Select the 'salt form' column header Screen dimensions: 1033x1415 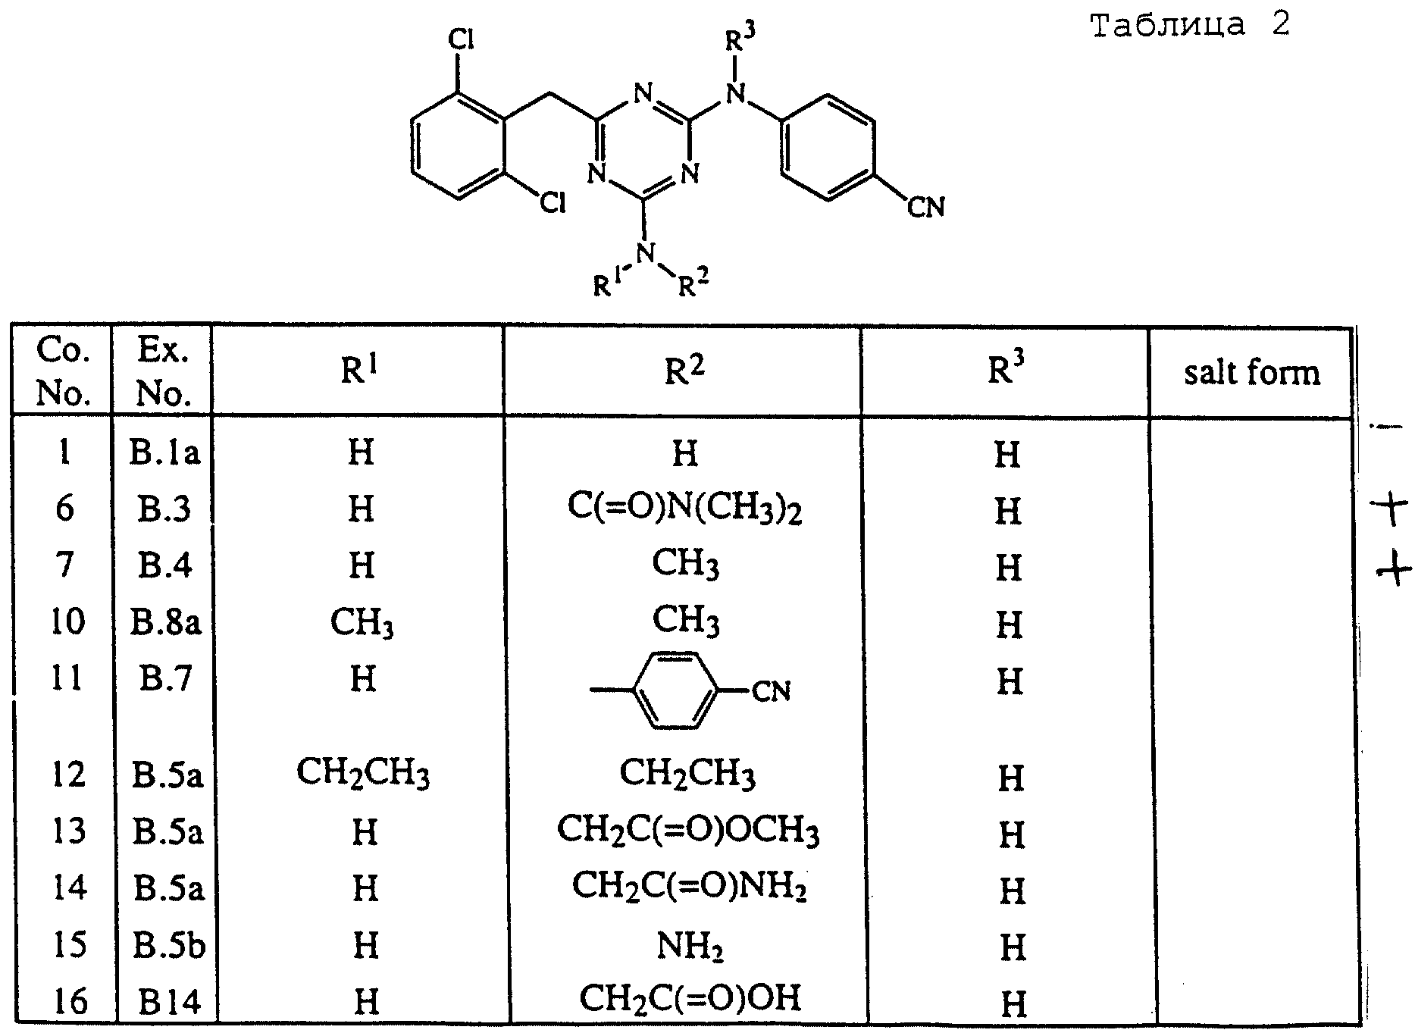click(x=1251, y=373)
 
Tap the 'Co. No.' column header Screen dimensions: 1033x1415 click(x=63, y=371)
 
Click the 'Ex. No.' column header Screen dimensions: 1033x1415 click(x=163, y=371)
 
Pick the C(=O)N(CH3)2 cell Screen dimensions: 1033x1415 click(x=684, y=509)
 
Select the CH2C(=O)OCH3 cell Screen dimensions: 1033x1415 click(x=687, y=831)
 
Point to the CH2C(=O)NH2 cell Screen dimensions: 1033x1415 click(x=688, y=886)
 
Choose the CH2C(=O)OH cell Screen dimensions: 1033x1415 click(x=689, y=999)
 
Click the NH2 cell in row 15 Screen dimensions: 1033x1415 click(x=689, y=945)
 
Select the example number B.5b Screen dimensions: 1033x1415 click(x=169, y=946)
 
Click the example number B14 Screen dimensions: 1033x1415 click(x=169, y=1002)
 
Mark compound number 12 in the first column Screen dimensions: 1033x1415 click(x=68, y=775)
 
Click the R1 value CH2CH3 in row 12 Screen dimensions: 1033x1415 click(x=362, y=774)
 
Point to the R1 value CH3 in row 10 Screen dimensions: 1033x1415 click(x=362, y=623)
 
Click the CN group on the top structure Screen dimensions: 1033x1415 click(x=925, y=206)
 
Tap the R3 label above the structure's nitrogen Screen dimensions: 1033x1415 click(x=740, y=38)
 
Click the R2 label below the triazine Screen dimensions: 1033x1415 click(x=693, y=285)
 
